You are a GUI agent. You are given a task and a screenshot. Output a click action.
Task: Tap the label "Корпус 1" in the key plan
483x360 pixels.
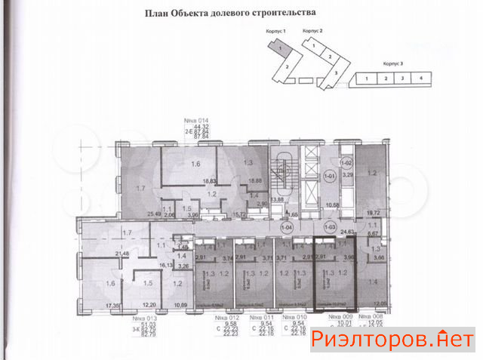278,31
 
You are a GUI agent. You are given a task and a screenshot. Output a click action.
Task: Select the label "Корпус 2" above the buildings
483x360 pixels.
312,31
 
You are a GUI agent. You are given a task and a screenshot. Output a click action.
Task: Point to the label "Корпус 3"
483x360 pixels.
393,65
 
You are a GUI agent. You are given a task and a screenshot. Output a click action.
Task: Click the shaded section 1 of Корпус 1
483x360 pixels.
281,49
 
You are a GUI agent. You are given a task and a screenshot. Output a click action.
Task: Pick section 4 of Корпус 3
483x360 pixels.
422,78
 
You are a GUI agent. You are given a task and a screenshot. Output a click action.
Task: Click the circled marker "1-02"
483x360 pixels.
346,162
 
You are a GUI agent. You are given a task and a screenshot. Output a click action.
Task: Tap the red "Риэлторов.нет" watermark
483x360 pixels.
392,340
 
